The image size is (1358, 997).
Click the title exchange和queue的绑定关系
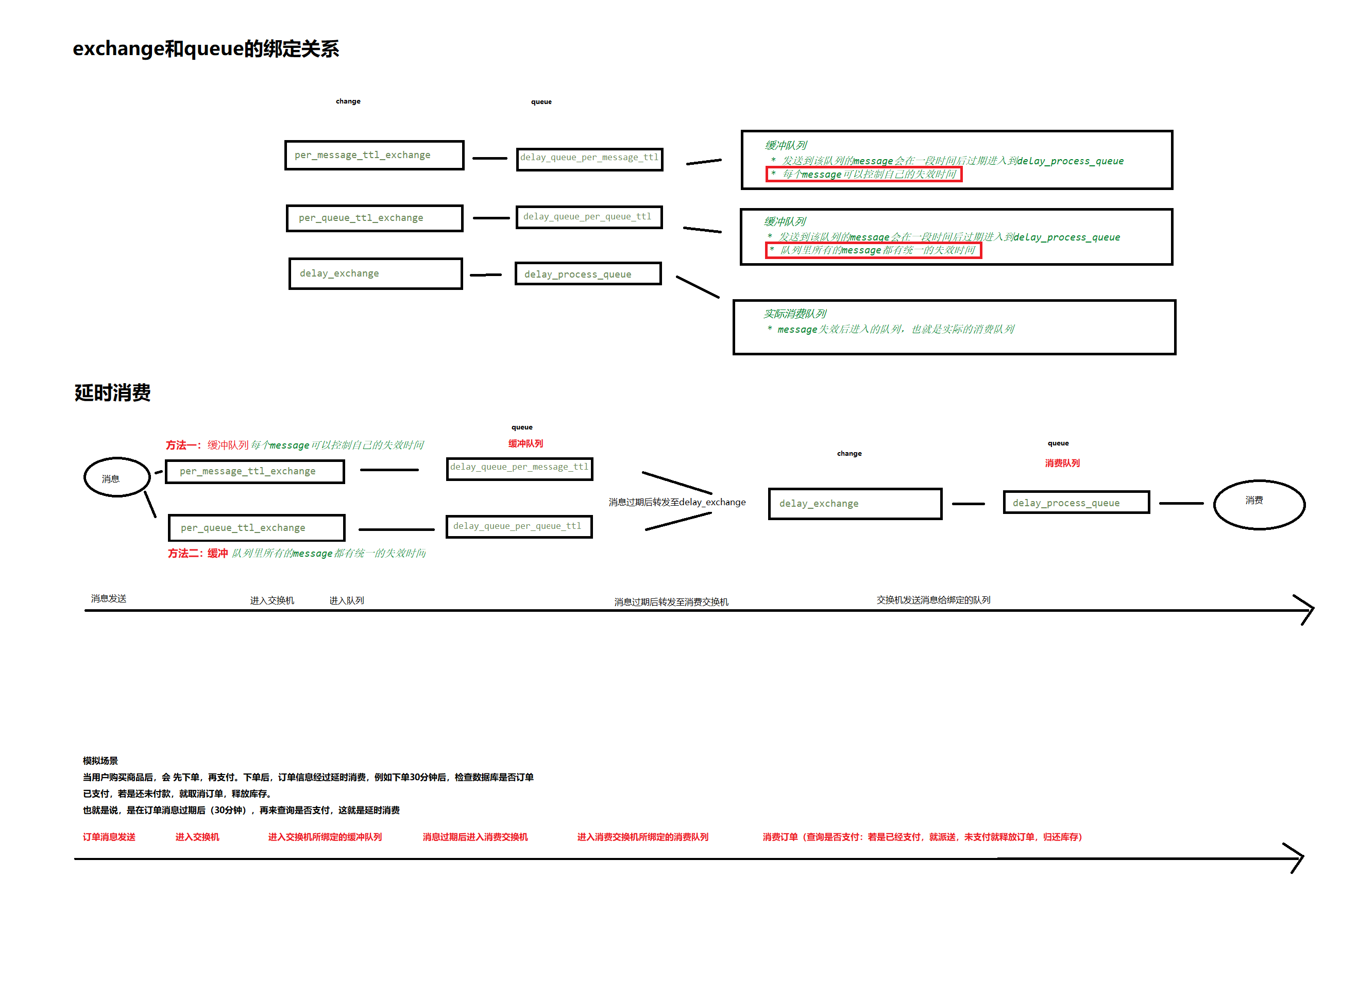206,48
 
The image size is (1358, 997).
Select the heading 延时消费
112,393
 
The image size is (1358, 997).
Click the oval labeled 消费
1259,505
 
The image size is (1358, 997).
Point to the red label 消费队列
1062,463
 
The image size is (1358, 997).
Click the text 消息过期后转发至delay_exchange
677,502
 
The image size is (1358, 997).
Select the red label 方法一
183,445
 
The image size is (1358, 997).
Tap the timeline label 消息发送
109,599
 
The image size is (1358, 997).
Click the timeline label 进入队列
347,600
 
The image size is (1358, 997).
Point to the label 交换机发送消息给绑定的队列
933,600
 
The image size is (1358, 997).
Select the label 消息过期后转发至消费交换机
671,601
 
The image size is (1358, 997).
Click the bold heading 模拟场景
100,761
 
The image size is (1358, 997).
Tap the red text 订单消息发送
109,837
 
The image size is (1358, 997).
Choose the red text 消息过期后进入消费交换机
475,837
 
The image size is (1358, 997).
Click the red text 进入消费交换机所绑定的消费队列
642,837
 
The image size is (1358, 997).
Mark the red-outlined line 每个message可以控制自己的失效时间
864,175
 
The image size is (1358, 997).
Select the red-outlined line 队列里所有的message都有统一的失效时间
873,250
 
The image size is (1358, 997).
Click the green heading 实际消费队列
794,314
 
